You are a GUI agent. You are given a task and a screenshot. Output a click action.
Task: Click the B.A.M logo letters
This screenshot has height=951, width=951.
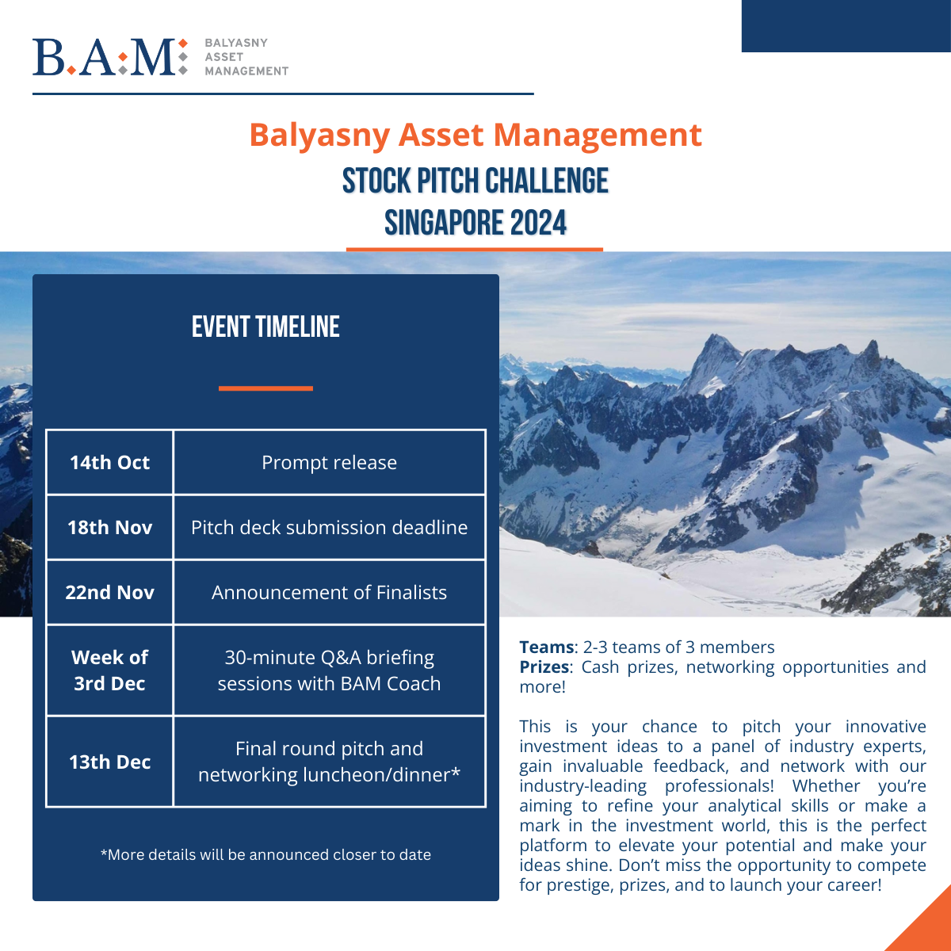pos(105,57)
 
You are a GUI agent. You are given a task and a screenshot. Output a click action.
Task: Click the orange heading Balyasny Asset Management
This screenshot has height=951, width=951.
pos(475,135)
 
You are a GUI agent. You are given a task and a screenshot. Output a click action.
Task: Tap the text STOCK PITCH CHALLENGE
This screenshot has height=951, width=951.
pos(475,181)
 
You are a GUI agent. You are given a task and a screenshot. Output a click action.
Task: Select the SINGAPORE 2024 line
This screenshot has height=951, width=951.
pos(475,223)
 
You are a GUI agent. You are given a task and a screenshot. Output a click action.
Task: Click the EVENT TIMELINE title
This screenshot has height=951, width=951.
pos(265,327)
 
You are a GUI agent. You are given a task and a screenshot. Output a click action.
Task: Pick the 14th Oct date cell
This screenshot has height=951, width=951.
pos(109,463)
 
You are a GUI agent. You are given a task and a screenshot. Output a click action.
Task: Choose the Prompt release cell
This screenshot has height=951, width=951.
pos(329,463)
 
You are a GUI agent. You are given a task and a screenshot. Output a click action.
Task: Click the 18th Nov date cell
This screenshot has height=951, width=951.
pos(109,528)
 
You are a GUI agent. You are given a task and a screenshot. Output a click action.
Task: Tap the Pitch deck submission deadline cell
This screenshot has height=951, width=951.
pos(329,528)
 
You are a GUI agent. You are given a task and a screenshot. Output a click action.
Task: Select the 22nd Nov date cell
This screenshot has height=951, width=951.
pos(109,593)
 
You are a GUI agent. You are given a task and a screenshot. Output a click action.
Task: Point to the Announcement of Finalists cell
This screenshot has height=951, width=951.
pos(329,593)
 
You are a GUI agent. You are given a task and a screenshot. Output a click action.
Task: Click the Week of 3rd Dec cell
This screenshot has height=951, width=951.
pos(109,670)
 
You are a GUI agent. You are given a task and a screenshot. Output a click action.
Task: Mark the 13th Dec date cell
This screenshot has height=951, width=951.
pos(109,762)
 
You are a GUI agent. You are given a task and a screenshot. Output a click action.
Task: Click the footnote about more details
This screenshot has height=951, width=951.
pos(265,855)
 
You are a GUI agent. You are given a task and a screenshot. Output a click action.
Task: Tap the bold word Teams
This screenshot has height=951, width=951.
pos(546,647)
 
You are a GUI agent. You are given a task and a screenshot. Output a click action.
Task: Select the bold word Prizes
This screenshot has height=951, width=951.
pos(544,667)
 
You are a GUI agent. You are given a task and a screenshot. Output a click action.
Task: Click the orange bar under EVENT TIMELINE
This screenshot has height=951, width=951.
pos(265,388)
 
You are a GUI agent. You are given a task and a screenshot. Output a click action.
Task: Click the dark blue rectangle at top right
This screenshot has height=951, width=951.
pos(846,25)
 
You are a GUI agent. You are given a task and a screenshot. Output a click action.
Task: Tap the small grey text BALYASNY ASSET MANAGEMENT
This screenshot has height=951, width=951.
pos(246,57)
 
